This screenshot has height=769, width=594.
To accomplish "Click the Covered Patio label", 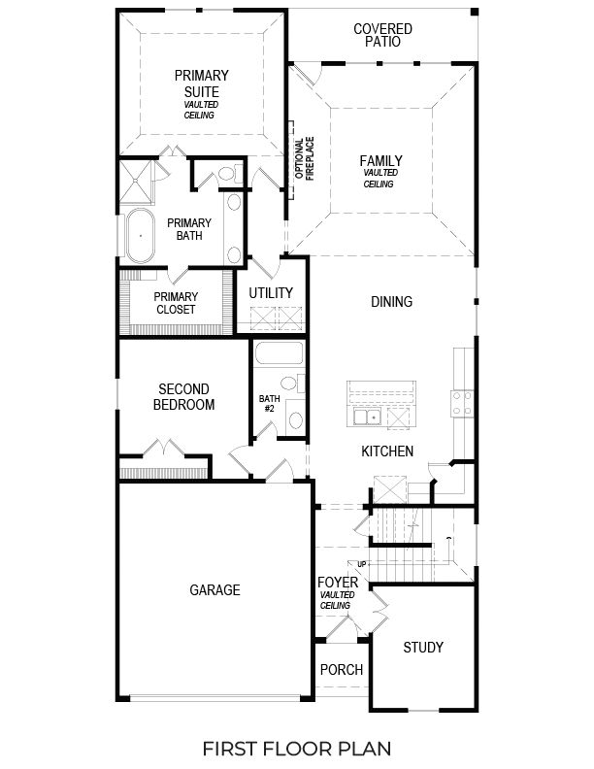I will (382, 36).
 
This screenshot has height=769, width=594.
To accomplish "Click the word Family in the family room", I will (380, 161).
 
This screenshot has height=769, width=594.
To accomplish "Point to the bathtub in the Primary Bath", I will (142, 235).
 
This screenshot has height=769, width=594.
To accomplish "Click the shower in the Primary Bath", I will (138, 181).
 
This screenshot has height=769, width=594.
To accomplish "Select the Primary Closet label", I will (177, 303).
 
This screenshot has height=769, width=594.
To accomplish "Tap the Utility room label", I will (271, 293).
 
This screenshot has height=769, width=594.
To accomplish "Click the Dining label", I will (391, 302).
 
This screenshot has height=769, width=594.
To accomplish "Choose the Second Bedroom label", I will (185, 397).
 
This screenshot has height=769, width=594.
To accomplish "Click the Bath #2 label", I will (269, 404).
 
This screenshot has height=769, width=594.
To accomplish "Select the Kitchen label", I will (388, 451).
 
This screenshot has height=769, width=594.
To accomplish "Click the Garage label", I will (214, 589).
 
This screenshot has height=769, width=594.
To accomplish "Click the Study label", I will (422, 648).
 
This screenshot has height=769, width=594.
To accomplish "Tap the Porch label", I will (341, 670).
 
